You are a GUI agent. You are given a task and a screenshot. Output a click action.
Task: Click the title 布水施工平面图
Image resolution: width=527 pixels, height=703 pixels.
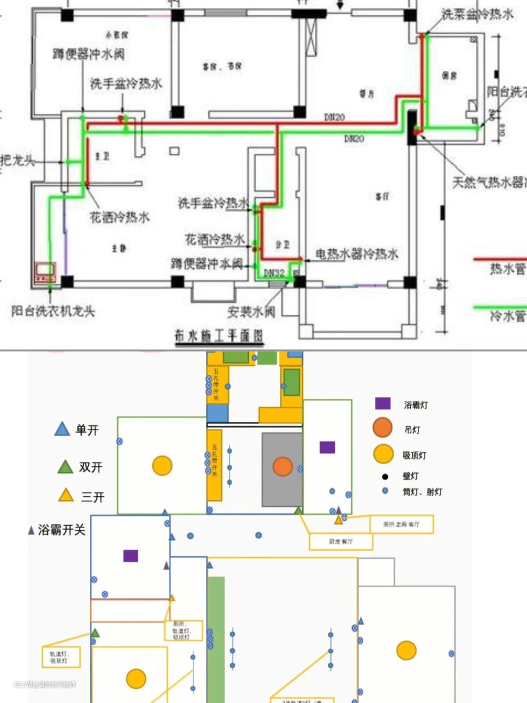coord(219,336)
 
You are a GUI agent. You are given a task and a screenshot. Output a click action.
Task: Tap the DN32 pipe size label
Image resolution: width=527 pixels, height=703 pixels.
coord(274,273)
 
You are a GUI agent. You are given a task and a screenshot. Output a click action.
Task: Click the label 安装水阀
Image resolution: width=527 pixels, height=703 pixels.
coord(251,311)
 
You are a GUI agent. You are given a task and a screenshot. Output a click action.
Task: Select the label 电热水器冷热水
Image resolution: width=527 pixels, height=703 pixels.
coord(357,254)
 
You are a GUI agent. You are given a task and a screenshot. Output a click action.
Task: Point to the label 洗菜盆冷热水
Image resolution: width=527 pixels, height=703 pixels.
coord(477,14)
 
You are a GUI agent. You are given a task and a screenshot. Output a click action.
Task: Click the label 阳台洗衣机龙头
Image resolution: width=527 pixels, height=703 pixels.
coord(53,311)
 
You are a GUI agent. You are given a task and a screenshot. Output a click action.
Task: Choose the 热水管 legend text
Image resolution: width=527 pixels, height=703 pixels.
coord(507,269)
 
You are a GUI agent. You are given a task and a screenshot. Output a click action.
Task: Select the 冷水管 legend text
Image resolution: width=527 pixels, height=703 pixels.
coord(507,316)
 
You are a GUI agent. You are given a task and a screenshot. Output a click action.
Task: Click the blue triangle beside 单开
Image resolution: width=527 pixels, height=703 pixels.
coord(62,429)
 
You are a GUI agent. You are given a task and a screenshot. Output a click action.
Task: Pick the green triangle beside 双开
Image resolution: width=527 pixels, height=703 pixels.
coord(65,467)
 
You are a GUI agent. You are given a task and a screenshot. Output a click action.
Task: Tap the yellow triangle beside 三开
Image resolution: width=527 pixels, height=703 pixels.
coord(66,496)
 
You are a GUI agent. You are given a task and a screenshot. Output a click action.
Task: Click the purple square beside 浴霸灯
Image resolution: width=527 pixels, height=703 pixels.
coord(383,403)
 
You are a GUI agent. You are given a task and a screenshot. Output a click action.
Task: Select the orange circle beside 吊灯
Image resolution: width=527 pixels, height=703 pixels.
coord(383,428)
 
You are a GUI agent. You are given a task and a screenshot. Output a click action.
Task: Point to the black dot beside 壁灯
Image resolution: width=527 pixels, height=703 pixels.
coord(385,476)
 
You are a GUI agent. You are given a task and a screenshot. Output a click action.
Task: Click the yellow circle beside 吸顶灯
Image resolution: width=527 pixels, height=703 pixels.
coord(384,454)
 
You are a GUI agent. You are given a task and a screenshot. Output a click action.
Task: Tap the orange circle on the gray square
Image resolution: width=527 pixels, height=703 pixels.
coord(283,466)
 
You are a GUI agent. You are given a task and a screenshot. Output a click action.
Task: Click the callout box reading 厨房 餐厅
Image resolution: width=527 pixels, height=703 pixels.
coord(341,541)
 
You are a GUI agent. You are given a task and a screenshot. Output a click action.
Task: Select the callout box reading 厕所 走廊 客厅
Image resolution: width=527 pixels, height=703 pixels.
coord(401,524)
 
